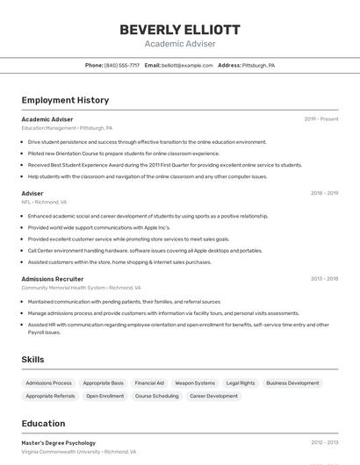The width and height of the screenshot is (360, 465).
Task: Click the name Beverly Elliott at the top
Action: pyautogui.click(x=179, y=30)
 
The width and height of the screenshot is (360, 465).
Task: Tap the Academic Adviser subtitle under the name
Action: pyautogui.click(x=179, y=43)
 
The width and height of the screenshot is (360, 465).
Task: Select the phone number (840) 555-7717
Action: pyautogui.click(x=122, y=65)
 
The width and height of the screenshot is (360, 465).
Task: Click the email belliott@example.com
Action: pyautogui.click(x=188, y=65)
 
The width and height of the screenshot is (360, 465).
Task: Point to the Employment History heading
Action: pyautogui.click(x=65, y=100)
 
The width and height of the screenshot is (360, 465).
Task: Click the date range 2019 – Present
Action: pyautogui.click(x=321, y=118)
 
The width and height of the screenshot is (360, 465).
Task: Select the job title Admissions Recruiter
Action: pyautogui.click(x=53, y=279)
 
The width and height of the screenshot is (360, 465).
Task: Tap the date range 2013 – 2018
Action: pyautogui.click(x=324, y=279)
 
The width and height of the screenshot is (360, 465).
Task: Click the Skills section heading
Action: pyautogui.click(x=32, y=359)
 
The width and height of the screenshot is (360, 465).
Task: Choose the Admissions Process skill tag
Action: pyautogui.click(x=49, y=383)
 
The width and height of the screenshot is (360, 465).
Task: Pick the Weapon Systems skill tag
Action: pyautogui.click(x=195, y=383)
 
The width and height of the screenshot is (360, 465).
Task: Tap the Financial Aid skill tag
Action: pyautogui.click(x=149, y=383)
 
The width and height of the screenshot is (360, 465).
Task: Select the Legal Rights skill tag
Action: pyautogui.click(x=241, y=383)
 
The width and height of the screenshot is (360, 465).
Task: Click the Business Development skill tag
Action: pyautogui.click(x=292, y=383)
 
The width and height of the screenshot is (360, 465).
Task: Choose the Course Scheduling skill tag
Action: pyautogui.click(x=157, y=396)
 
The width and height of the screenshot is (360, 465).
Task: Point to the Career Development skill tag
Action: pyautogui.click(x=213, y=396)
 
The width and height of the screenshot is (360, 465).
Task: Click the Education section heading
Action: pyautogui.click(x=43, y=423)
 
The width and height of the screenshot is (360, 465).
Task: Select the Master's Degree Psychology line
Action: pyautogui.click(x=59, y=443)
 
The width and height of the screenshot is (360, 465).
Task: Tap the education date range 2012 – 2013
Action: pyautogui.click(x=324, y=443)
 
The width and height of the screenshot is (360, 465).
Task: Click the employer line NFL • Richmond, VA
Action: pyautogui.click(x=44, y=201)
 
